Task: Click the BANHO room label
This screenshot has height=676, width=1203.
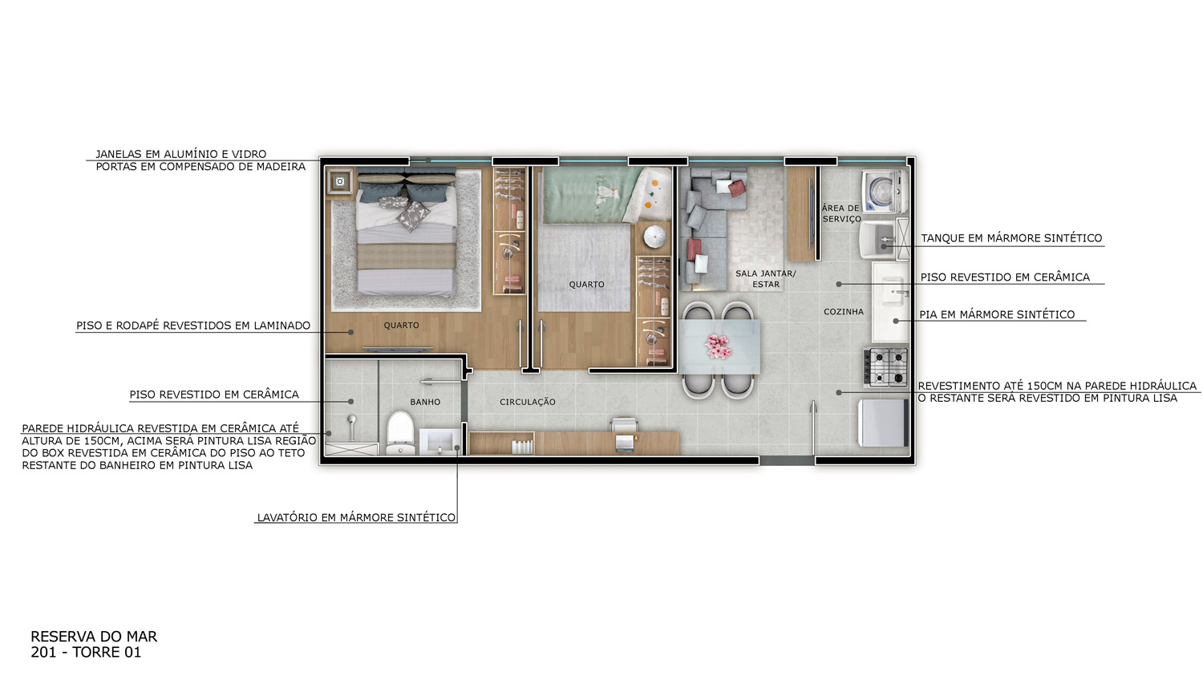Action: tap(425, 402)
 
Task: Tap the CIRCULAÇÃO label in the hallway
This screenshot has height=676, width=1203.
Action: tap(528, 402)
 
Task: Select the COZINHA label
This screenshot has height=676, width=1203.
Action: tap(844, 311)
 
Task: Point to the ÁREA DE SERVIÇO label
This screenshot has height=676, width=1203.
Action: tap(841, 213)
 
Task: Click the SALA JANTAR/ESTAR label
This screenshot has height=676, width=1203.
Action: tap(765, 279)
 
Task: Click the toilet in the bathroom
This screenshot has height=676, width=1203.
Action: tap(400, 433)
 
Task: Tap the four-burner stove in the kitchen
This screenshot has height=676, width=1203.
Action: tap(885, 366)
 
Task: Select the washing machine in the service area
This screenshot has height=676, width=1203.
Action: tap(884, 192)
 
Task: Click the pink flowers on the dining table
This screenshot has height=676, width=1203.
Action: tap(719, 346)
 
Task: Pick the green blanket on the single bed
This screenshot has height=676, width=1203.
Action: tap(591, 195)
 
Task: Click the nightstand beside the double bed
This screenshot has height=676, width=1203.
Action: tap(339, 182)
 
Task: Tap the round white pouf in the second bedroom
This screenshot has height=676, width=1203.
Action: tap(654, 237)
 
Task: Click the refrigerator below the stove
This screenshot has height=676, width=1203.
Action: tap(883, 423)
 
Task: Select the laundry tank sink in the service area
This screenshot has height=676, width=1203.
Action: tap(877, 240)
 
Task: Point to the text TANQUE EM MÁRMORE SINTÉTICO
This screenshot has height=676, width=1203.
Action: tap(1011, 238)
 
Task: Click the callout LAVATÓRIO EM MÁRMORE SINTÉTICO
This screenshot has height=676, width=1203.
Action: tap(356, 517)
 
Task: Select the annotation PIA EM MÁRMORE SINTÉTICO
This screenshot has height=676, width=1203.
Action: tap(997, 314)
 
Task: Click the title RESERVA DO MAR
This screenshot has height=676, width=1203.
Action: tap(94, 637)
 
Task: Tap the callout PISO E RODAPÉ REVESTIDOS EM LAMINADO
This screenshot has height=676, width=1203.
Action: tap(193, 326)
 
